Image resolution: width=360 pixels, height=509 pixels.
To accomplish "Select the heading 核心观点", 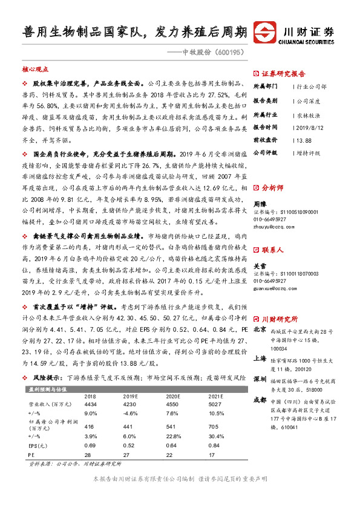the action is click(x=35, y=70).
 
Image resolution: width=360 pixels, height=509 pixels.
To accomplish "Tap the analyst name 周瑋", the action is click(x=260, y=206).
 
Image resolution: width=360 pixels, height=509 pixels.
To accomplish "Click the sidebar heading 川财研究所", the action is click(x=280, y=319).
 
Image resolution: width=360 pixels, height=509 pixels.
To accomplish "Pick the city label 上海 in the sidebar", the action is click(x=260, y=357).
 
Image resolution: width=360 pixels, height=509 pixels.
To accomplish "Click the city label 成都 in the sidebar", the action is click(x=260, y=400).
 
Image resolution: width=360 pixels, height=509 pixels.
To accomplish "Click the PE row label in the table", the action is click(x=31, y=453).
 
